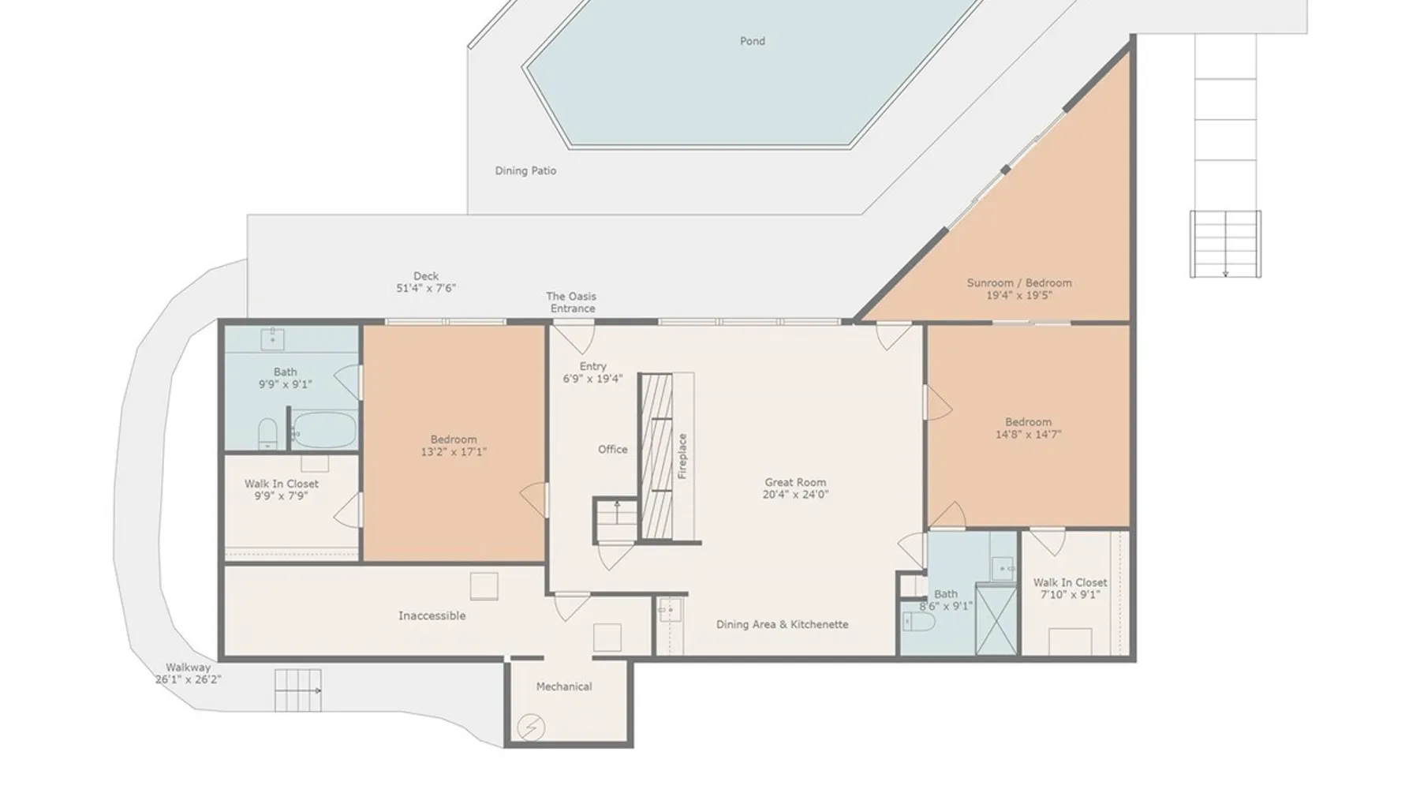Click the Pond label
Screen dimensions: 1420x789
pyautogui.click(x=752, y=41)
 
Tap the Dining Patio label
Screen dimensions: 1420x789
pyautogui.click(x=525, y=170)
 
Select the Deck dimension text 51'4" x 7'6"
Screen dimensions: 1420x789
pyautogui.click(x=426, y=288)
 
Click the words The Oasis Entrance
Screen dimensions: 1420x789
pyautogui.click(x=572, y=302)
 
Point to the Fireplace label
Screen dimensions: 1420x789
pyautogui.click(x=683, y=456)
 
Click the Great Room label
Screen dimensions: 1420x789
pyautogui.click(x=795, y=482)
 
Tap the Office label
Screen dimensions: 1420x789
pyautogui.click(x=613, y=450)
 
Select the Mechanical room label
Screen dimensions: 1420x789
pyautogui.click(x=564, y=686)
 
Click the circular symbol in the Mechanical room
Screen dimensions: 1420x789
pyautogui.click(x=531, y=727)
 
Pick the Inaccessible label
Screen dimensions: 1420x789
pyautogui.click(x=432, y=615)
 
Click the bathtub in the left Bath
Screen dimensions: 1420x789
pyautogui.click(x=324, y=431)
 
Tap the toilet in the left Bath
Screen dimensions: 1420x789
pyautogui.click(x=268, y=434)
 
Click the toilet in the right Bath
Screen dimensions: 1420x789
pyautogui.click(x=920, y=623)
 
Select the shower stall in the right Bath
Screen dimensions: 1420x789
pyautogui.click(x=997, y=619)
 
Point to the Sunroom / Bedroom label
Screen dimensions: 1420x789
pyautogui.click(x=1019, y=282)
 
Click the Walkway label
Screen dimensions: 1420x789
pyautogui.click(x=188, y=667)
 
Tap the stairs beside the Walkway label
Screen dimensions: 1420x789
pyautogui.click(x=298, y=690)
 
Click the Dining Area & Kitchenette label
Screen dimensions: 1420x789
pyautogui.click(x=783, y=624)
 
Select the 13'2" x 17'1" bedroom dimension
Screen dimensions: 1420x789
pyautogui.click(x=454, y=452)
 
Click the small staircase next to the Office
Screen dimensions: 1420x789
pyautogui.click(x=616, y=521)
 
